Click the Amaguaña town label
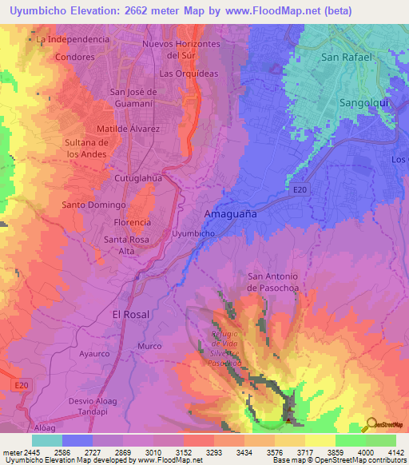point(231,215)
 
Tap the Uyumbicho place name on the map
point(193,233)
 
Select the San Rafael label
point(346,58)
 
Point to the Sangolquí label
point(363,105)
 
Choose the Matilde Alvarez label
point(128,129)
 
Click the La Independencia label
point(73,39)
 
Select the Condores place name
point(75,58)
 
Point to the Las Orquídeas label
point(189,74)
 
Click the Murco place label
point(149,346)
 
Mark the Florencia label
point(133,222)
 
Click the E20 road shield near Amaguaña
point(300,189)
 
